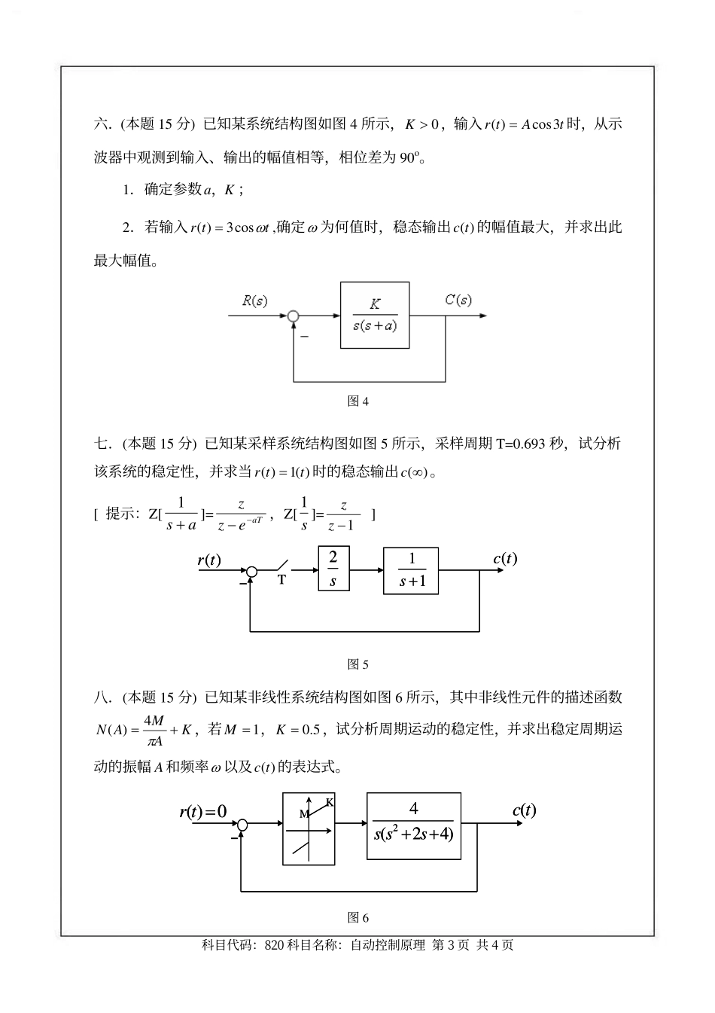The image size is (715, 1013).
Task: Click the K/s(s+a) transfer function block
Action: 375,315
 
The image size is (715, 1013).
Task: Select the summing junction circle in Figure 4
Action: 294,316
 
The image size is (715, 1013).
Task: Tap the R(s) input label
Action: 254,301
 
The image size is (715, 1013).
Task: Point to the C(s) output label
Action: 458,300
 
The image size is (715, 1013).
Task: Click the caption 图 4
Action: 357,401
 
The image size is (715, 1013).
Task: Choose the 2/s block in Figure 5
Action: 333,570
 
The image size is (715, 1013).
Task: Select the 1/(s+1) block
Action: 411,570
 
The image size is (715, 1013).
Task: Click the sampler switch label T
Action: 282,581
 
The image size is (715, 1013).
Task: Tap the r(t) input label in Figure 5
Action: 209,560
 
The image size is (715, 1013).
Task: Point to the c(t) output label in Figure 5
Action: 505,558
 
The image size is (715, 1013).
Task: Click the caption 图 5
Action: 357,664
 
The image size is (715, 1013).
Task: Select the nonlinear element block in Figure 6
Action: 309,828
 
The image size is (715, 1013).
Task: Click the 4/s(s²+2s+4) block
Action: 414,825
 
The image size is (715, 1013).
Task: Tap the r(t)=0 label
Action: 203,811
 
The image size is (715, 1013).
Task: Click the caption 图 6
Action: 357,917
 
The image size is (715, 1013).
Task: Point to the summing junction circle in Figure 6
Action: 242,826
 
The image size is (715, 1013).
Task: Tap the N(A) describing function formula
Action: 145,729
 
